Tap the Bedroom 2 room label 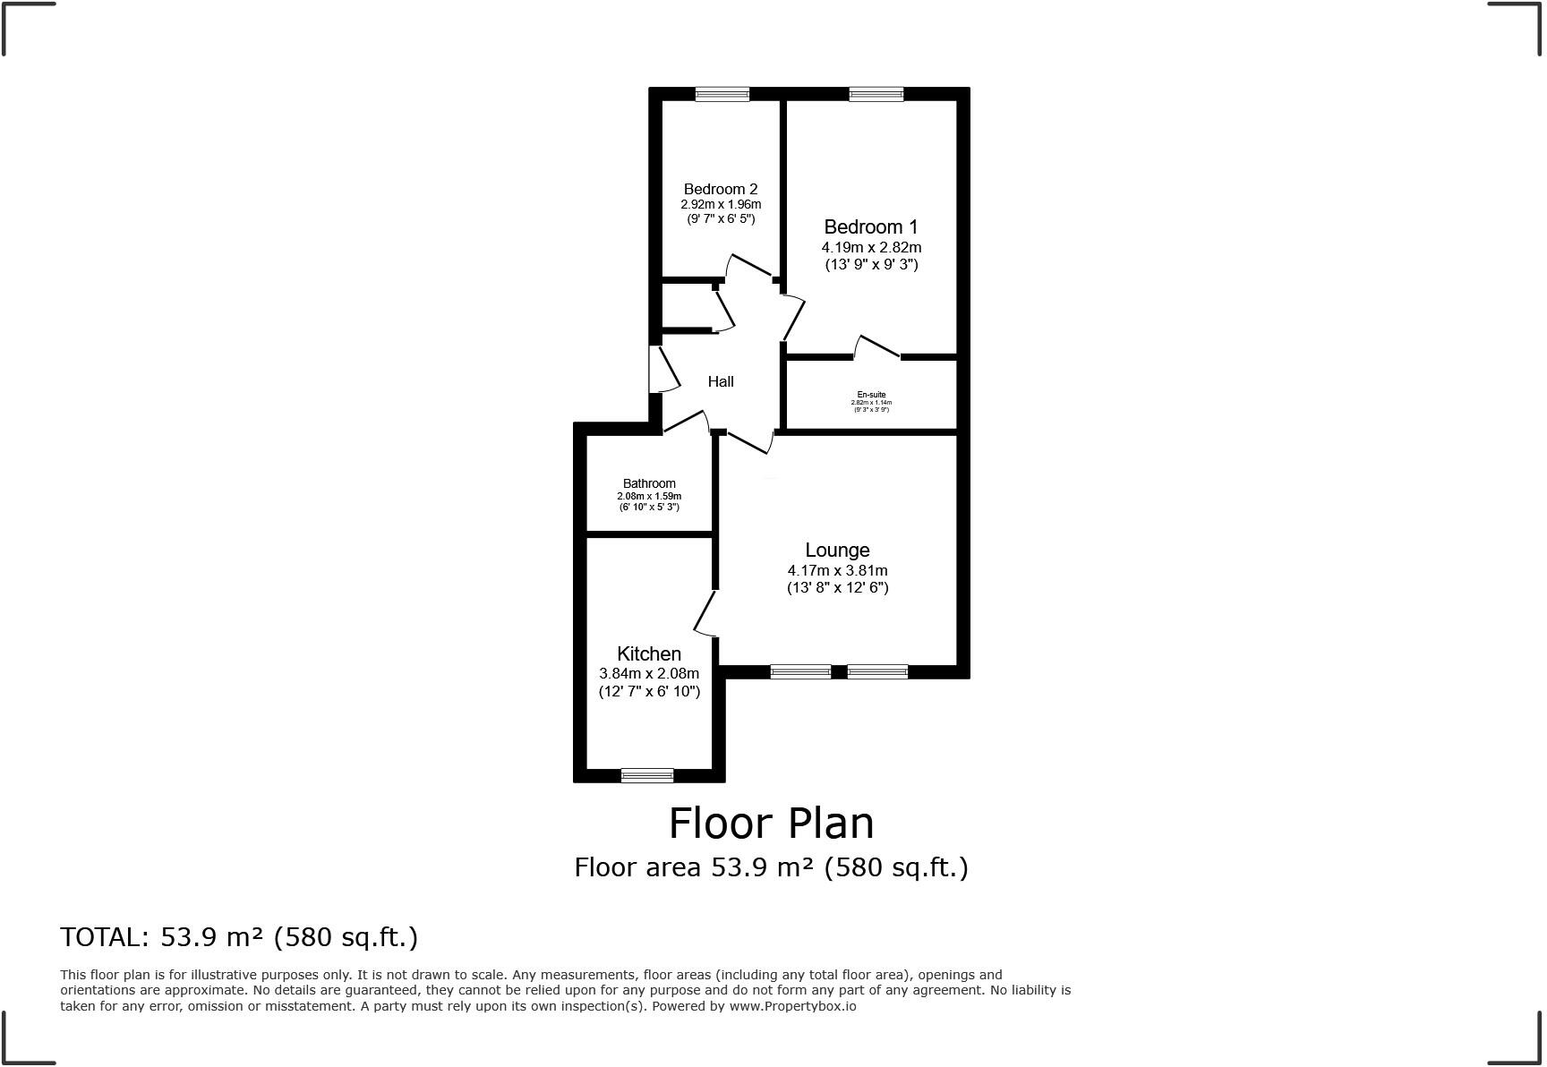[721, 189]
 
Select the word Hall [721, 381]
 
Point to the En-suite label [871, 395]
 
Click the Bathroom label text [649, 483]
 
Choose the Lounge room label [837, 551]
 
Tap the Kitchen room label [649, 654]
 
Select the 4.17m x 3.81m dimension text [837, 570]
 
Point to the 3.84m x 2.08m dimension [649, 674]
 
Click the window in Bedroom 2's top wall [722, 94]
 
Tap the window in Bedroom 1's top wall [876, 94]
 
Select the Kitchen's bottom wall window [647, 775]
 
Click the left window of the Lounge [800, 671]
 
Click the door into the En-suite [877, 347]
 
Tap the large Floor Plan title [771, 823]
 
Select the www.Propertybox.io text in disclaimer [792, 1006]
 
